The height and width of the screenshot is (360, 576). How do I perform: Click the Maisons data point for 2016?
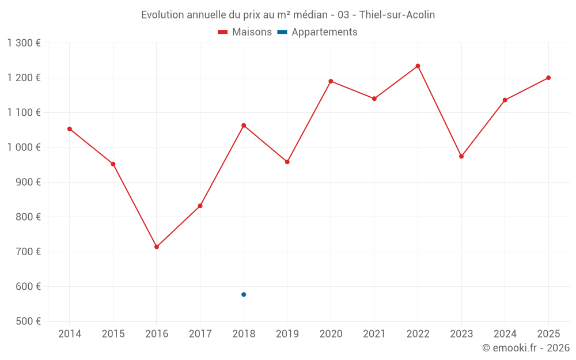click(157, 247)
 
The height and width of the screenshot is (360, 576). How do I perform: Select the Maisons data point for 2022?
click(418, 66)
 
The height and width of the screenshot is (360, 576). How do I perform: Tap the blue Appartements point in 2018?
click(244, 294)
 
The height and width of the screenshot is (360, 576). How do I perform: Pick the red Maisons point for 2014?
click(70, 129)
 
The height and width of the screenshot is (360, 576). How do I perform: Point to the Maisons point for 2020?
click(331, 81)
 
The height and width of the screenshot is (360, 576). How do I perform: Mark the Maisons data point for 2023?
click(461, 156)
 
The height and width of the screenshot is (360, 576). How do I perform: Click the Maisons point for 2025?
click(548, 78)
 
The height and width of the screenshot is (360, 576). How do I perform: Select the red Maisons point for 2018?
click(244, 126)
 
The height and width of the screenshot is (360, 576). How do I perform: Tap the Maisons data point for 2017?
click(200, 206)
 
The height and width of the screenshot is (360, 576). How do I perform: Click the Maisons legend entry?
click(245, 32)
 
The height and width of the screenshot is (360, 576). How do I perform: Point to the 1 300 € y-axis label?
click(24, 43)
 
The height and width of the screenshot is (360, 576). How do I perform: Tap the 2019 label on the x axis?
click(287, 334)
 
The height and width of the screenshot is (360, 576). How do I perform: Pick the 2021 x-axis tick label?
click(374, 334)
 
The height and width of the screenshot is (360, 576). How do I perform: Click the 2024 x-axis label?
click(505, 334)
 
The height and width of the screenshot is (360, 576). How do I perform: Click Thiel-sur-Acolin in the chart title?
click(397, 15)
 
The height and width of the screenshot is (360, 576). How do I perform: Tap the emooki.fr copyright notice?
click(525, 348)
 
